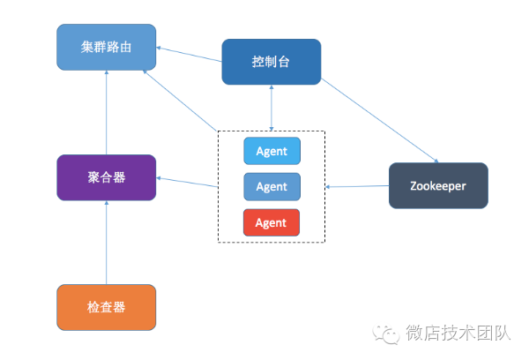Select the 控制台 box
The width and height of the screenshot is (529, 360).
coord(271,62)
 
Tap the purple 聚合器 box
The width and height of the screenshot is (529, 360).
coord(107,176)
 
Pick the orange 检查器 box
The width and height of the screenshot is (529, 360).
coord(107,307)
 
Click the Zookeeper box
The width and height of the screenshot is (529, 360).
coord(438,185)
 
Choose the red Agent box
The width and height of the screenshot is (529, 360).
coord(272,222)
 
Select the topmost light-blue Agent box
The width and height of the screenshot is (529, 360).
coord(272,151)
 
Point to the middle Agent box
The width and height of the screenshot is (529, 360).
coord(272,186)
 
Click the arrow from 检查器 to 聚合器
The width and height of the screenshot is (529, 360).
coord(106,243)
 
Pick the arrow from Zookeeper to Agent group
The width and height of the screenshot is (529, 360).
coord(357,186)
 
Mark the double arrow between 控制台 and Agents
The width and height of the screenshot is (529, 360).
coord(272,108)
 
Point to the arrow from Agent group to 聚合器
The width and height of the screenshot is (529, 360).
coord(188,182)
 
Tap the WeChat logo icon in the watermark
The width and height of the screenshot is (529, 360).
coord(385,334)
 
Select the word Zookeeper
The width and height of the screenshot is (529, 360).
coord(438,185)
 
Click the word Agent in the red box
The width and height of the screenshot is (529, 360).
coord(272,222)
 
